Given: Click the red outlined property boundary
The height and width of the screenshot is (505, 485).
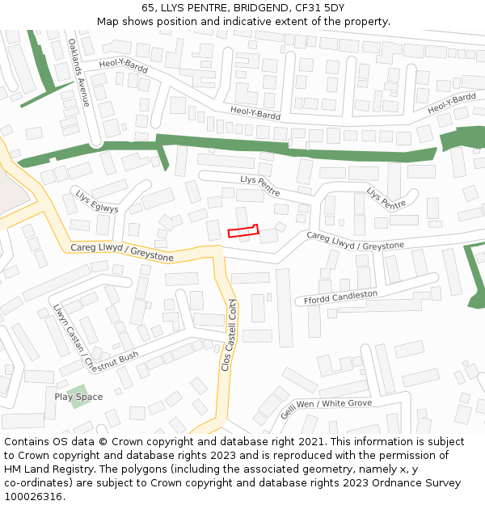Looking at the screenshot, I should coord(242,232).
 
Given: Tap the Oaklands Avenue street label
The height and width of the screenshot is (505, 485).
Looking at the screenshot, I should coord(78,73).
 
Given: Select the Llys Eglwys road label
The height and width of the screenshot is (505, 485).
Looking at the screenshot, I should coord(97,202).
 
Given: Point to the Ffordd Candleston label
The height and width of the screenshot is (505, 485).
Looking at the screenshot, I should coord(340,297).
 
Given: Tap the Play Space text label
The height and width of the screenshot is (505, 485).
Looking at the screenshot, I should coord(78,397).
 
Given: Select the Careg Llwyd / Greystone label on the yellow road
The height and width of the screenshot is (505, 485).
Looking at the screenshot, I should coord(122,252).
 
